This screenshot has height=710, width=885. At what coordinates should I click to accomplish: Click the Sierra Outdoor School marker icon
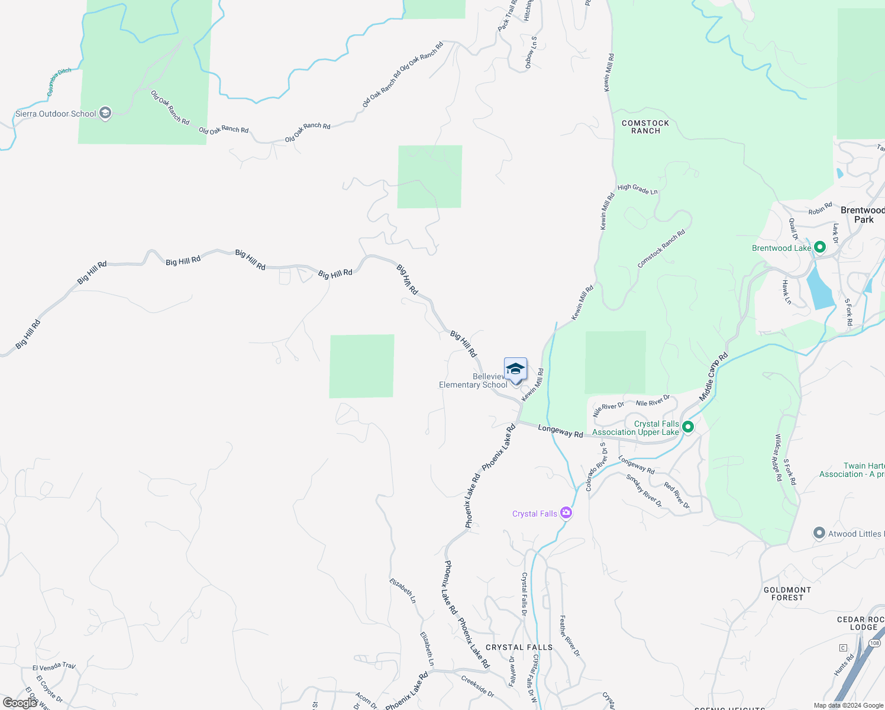[105, 113]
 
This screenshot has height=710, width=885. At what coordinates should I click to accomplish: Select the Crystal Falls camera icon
[566, 512]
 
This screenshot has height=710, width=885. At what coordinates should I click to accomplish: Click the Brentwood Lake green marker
[820, 247]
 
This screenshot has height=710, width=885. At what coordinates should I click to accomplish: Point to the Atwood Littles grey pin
[819, 534]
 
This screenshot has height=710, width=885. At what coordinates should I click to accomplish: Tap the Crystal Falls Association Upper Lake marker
[688, 426]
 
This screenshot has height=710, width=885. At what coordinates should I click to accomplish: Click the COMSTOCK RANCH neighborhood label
[645, 127]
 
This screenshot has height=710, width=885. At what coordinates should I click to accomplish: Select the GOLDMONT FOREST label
[787, 593]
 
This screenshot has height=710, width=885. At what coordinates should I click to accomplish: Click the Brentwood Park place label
[863, 215]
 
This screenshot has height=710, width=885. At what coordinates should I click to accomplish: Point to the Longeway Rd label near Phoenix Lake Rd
[560, 431]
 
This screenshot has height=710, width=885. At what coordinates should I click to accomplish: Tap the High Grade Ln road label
[638, 189]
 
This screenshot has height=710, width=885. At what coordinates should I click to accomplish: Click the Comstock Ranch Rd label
[661, 248]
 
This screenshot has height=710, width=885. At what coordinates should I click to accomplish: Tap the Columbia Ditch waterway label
[59, 82]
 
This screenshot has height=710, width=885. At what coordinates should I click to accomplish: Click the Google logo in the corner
[20, 702]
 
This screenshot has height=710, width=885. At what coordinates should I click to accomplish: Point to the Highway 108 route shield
[875, 643]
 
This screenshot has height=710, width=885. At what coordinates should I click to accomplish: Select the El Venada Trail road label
[54, 667]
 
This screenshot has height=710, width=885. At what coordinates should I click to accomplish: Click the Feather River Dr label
[570, 635]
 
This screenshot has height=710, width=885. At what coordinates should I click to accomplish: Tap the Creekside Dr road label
[477, 686]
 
